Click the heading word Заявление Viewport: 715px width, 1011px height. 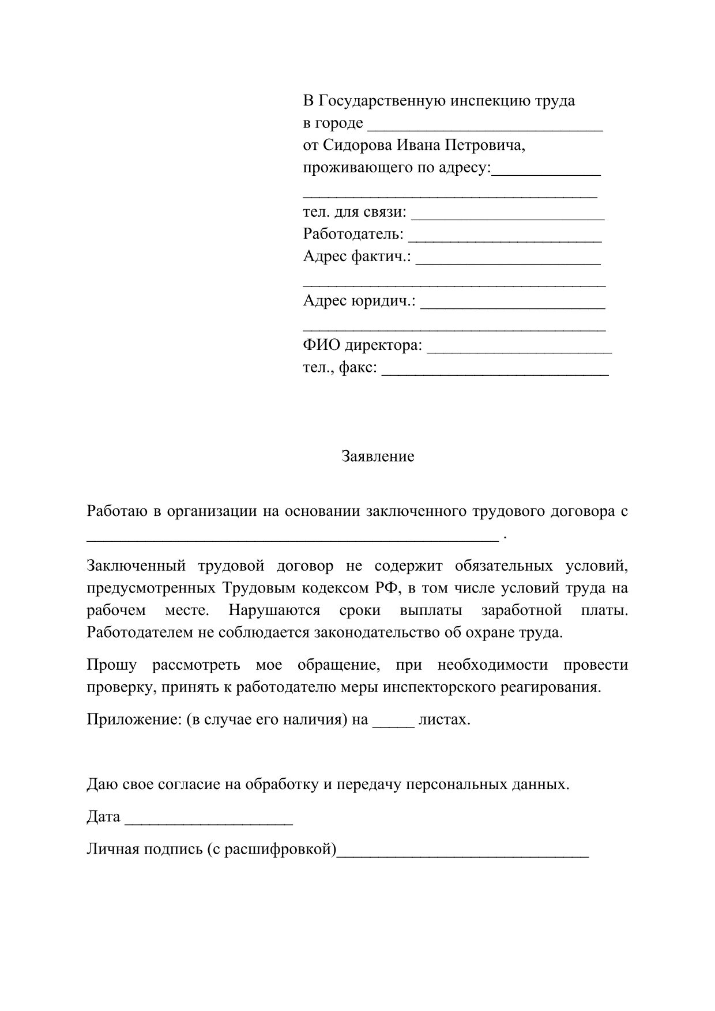click(378, 457)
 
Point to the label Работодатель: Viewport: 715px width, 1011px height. click(353, 235)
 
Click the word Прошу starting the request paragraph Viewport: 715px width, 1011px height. click(111, 665)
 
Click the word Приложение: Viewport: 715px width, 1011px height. click(134, 720)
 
